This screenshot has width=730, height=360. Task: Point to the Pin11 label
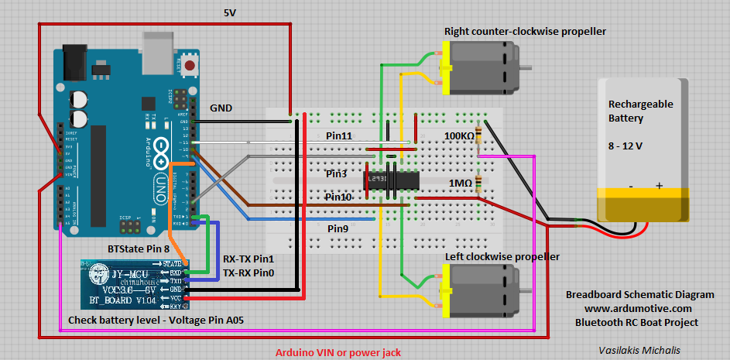click(x=339, y=135)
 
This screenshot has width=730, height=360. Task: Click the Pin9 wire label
click(x=338, y=228)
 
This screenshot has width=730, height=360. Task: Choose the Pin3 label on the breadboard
click(x=336, y=173)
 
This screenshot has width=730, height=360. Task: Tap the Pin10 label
click(x=338, y=197)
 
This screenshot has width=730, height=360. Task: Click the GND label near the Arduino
click(x=221, y=108)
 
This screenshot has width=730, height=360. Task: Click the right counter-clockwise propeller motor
click(x=481, y=69)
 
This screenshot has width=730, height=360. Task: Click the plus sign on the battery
click(x=660, y=186)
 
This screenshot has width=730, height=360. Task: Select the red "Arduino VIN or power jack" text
click(x=338, y=352)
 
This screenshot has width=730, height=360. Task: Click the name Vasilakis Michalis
click(x=639, y=350)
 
